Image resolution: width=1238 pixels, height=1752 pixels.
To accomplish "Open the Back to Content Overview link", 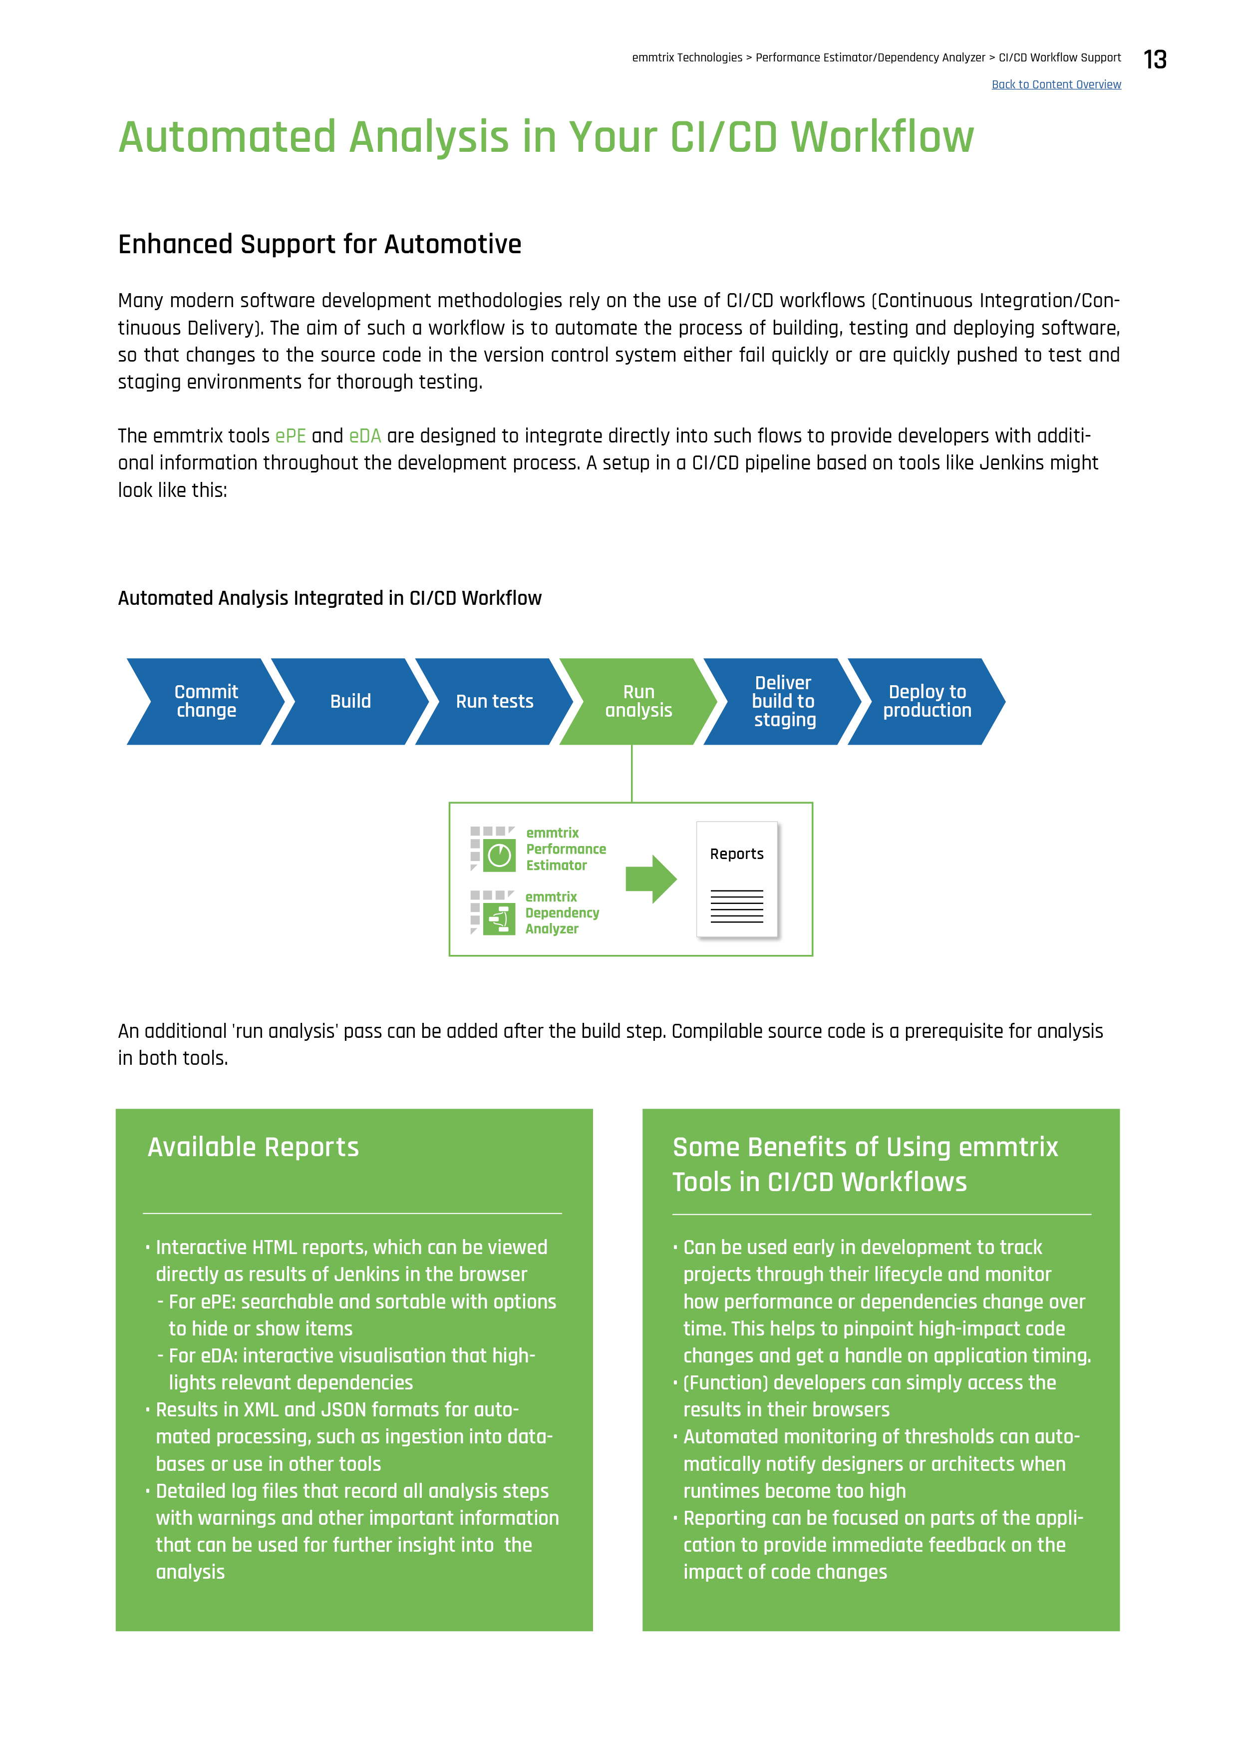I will pos(1056,85).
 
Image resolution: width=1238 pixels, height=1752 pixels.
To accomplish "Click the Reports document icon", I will pos(737,879).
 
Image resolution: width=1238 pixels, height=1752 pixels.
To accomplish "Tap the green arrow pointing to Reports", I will pos(650,879).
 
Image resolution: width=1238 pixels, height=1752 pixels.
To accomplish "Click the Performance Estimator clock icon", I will pos(499,856).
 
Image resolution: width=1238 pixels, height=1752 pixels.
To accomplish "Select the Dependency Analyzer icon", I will pos(499,919).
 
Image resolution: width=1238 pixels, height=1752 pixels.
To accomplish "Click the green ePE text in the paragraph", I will pos(291,437).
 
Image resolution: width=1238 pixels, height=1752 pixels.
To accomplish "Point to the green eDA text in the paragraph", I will pos(364,437).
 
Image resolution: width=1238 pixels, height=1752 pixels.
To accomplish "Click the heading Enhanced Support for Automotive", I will pos(319,244).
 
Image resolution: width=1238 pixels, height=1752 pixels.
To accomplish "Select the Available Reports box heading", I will pos(253,1147).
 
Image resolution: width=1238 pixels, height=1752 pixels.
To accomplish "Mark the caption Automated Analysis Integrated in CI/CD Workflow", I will pos(329,598).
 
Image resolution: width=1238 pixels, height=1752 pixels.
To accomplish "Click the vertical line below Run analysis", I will pos(631,773).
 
